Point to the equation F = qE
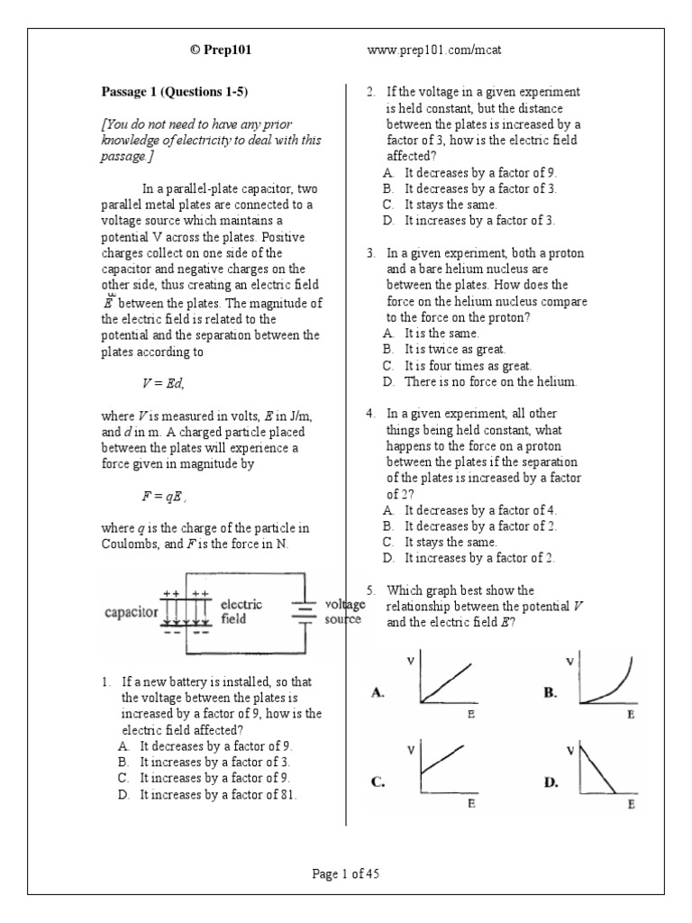coord(163,497)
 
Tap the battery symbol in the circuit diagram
coord(305,611)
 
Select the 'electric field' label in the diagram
coord(241,612)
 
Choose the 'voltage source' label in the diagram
coord(344,612)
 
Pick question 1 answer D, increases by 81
coord(217,794)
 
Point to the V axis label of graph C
coord(411,750)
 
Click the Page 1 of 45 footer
coord(346,873)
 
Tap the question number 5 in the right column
coord(370,590)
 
